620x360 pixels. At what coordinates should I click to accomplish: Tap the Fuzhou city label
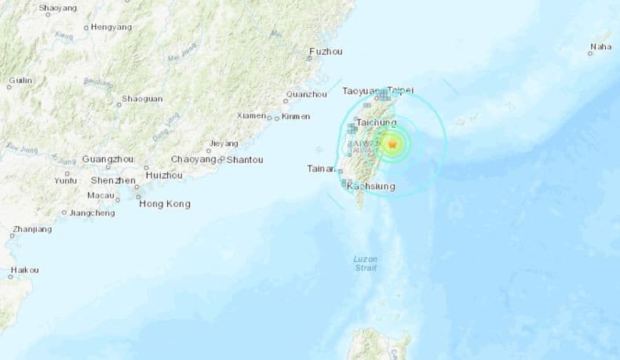tap(326, 52)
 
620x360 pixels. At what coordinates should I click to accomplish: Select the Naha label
tap(600, 47)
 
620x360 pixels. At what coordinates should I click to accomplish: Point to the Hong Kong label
tap(164, 204)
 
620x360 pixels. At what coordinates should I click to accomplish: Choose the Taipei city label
tap(400, 91)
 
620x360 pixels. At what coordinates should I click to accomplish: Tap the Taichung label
tap(376, 123)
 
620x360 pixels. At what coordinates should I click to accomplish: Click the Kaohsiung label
tap(370, 186)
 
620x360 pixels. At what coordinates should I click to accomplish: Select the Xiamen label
tap(251, 116)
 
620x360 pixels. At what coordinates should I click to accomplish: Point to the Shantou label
tap(244, 160)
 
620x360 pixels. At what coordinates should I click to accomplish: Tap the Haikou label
tap(24, 271)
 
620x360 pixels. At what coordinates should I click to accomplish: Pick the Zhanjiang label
tap(32, 230)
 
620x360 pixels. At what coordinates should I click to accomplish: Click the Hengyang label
tap(111, 27)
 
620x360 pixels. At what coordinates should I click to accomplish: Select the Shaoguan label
tap(142, 99)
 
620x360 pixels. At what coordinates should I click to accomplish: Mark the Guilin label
tap(20, 81)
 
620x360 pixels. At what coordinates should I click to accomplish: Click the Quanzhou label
tap(307, 95)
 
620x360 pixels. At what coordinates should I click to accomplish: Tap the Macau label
tap(101, 195)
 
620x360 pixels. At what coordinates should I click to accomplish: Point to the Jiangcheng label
tap(92, 213)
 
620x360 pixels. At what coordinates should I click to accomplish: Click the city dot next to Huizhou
tap(147, 167)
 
